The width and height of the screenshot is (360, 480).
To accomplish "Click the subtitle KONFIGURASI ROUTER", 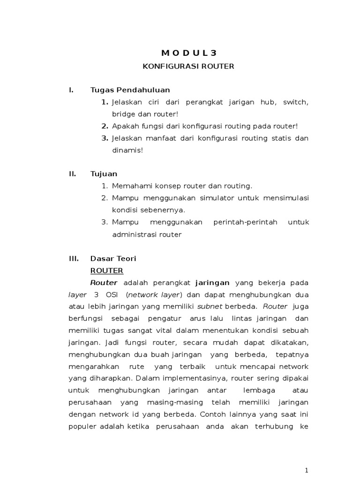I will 188,67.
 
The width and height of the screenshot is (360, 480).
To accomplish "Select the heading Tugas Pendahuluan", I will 130,90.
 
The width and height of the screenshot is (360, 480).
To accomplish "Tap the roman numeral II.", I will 72,174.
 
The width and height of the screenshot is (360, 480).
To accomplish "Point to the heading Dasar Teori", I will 113,258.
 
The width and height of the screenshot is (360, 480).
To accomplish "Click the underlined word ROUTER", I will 107,270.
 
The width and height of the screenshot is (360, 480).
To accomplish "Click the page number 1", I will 306,470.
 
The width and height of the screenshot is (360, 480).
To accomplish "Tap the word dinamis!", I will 127,150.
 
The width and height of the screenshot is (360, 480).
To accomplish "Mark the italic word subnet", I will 210,307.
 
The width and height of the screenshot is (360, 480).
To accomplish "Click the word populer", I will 80,427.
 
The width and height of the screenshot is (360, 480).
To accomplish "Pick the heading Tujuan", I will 104,174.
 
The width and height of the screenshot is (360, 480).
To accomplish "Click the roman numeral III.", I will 73,258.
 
